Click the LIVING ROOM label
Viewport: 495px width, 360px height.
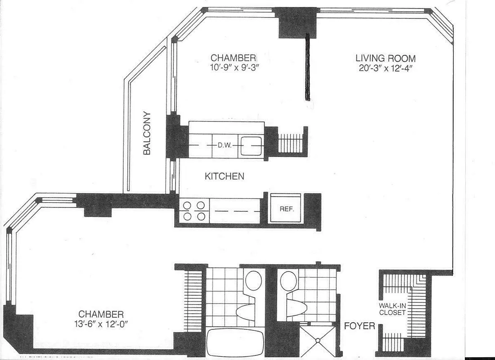[x=385, y=58]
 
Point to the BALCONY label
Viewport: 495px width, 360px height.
[x=147, y=133]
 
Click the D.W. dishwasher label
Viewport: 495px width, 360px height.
[x=225, y=145]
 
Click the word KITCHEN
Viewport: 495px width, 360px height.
[x=225, y=176]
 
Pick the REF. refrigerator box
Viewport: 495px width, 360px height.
[x=284, y=208]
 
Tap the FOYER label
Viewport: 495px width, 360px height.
[x=360, y=325]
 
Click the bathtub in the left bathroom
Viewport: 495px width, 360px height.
[x=234, y=343]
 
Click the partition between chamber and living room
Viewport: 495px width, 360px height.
[x=308, y=67]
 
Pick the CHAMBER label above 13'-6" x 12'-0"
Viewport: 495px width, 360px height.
[x=101, y=314]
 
